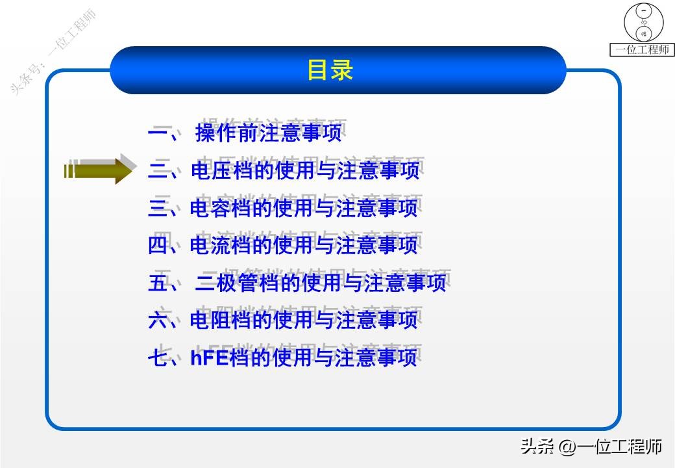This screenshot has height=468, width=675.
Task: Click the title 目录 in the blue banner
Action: (330, 70)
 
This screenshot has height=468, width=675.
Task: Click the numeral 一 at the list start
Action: (158, 134)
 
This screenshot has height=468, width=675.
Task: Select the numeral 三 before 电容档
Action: (158, 209)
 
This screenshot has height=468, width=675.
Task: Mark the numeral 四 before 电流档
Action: (158, 246)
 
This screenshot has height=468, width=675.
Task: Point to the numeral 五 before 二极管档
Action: (158, 283)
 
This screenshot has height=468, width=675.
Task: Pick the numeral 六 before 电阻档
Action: (158, 320)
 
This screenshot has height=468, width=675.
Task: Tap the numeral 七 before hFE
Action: (158, 357)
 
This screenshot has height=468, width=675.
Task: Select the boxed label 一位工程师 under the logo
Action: (643, 50)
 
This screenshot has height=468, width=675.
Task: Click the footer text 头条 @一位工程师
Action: (591, 447)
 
